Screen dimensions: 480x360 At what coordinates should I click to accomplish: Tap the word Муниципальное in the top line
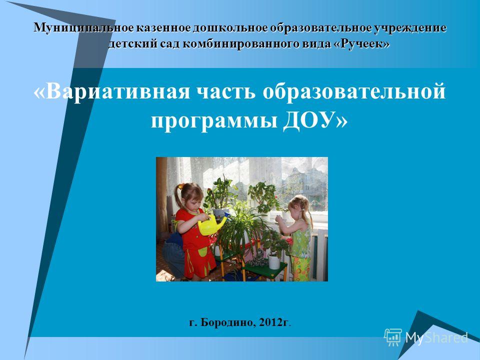coord(83,28)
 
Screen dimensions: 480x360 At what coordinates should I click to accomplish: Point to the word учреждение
coord(410,28)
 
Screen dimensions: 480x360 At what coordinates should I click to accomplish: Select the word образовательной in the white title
coord(354,91)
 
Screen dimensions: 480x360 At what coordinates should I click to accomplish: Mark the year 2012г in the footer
coord(273,322)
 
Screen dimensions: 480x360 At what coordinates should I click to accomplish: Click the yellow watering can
coord(210,224)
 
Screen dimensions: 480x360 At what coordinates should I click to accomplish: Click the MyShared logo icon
coord(393,337)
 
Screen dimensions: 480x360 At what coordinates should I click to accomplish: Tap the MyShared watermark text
coord(436,337)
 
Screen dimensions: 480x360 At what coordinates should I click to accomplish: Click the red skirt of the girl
coord(199,262)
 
